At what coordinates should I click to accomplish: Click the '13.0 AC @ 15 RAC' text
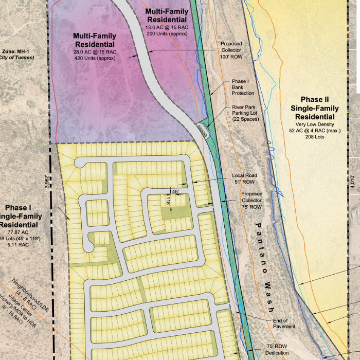[x=167, y=27]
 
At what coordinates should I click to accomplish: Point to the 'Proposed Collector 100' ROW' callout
[x=231, y=51]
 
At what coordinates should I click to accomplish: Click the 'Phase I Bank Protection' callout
[x=240, y=87]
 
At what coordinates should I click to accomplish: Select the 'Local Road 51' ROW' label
[x=244, y=178]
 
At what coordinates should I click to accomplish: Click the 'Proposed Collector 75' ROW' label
[x=252, y=201]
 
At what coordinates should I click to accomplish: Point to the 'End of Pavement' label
[x=284, y=323]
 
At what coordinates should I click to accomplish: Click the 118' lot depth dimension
[x=168, y=201]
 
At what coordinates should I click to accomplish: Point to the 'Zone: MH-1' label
[x=16, y=51]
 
